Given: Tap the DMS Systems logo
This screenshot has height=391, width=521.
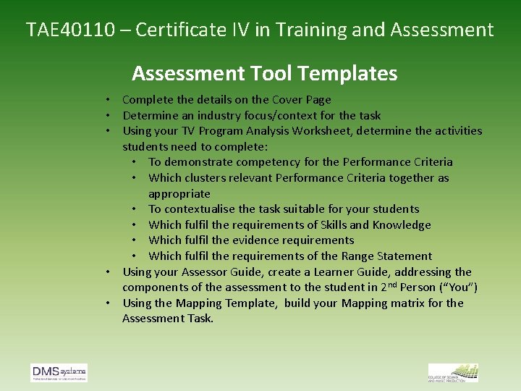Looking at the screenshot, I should pos(59,373).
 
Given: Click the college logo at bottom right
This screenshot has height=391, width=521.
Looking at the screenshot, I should pos(454,373).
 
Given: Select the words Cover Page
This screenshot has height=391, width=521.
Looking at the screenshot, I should pos(302,100).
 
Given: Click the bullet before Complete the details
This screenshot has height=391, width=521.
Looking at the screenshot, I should pos(106,100).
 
